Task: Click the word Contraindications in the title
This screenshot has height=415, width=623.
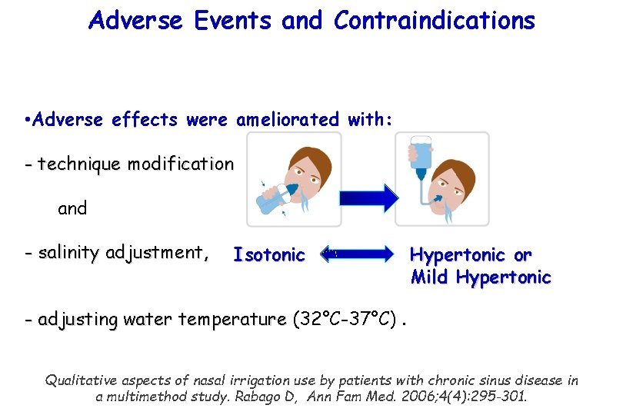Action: (434, 21)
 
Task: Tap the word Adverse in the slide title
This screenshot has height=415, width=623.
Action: (136, 21)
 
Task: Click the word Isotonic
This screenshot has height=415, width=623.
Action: (269, 254)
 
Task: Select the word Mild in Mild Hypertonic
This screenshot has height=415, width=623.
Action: (430, 277)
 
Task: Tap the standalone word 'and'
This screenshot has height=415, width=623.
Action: (72, 208)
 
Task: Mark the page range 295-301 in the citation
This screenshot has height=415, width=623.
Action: (498, 397)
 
